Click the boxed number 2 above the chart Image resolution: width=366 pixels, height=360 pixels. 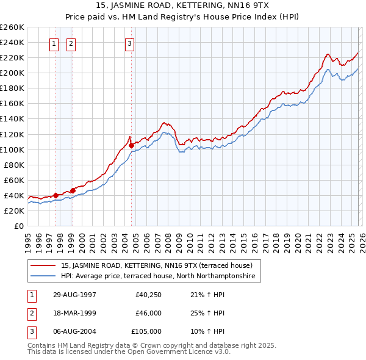tap(71, 43)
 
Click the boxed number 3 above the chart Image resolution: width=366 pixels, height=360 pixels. tap(130, 43)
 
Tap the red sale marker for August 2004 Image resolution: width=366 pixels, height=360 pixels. tap(131, 145)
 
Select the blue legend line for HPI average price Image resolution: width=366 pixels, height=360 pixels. tap(43, 276)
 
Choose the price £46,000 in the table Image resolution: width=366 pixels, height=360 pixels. tap(148, 313)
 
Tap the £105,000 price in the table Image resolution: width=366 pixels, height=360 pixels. tap(146, 331)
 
